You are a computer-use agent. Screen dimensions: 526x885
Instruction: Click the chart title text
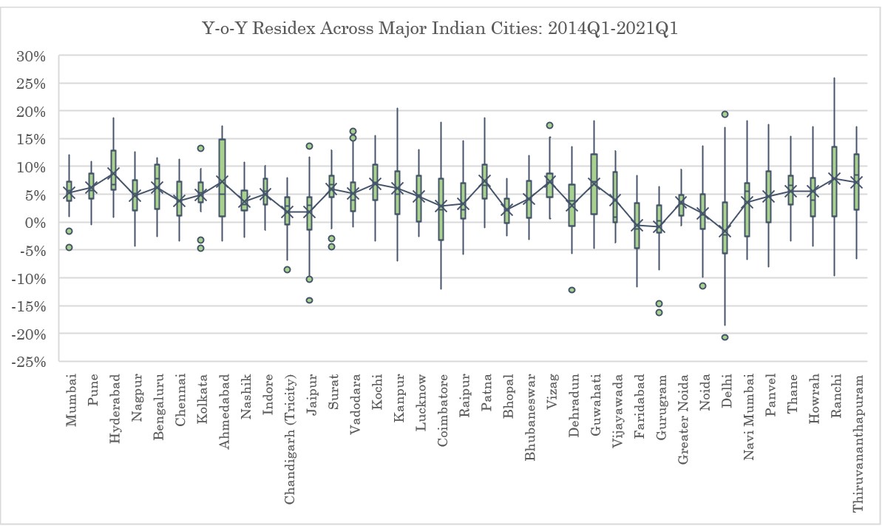click(441, 30)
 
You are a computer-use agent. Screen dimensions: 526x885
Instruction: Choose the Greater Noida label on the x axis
click(683, 417)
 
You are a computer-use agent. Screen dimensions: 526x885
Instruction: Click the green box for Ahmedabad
click(223, 178)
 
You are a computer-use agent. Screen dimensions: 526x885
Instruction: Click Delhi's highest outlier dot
click(725, 115)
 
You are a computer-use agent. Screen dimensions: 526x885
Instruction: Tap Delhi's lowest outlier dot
click(725, 337)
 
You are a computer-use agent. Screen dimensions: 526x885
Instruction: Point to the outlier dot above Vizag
click(550, 126)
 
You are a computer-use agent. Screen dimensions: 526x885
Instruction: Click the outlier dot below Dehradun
click(572, 290)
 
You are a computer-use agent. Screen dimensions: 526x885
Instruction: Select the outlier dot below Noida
click(703, 286)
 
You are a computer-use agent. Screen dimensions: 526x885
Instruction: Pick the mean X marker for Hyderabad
click(113, 174)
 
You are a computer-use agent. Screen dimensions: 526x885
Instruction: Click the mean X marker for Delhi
click(725, 232)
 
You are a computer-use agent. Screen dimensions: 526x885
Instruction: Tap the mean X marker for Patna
click(485, 181)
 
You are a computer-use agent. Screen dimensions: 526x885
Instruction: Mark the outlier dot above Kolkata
click(200, 148)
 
